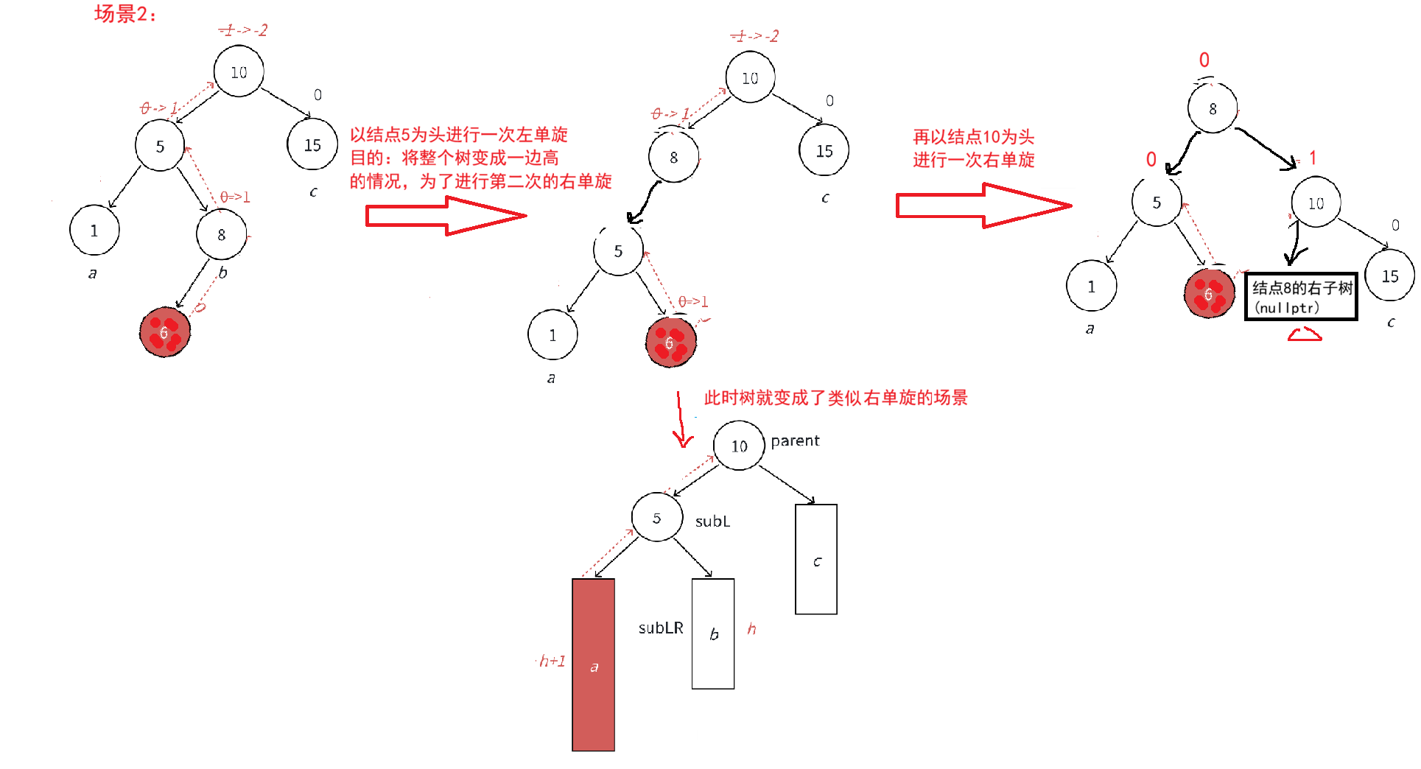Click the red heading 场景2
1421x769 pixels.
pyautogui.click(x=125, y=14)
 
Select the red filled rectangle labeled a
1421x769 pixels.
pyautogui.click(x=593, y=664)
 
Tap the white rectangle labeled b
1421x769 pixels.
pyautogui.click(x=712, y=633)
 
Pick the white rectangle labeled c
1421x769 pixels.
pyautogui.click(x=816, y=559)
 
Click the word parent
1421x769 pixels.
pyautogui.click(x=795, y=440)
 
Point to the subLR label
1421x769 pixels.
pyautogui.click(x=661, y=628)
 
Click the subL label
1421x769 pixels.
pyautogui.click(x=712, y=522)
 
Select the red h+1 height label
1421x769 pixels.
pyautogui.click(x=552, y=661)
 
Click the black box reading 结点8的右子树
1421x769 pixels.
pyautogui.click(x=1301, y=296)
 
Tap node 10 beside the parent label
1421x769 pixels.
pyautogui.click(x=739, y=446)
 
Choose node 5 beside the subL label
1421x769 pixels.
pyautogui.click(x=656, y=518)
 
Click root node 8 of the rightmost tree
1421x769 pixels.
pyautogui.click(x=1212, y=109)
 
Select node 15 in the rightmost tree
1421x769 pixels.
pyautogui.click(x=1389, y=276)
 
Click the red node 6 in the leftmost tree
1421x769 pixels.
pyautogui.click(x=165, y=333)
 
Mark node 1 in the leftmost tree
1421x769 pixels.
pyautogui.click(x=94, y=231)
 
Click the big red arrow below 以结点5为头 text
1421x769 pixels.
pyautogui.click(x=446, y=216)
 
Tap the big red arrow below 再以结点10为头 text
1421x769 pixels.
pyautogui.click(x=983, y=206)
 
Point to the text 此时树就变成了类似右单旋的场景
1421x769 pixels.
pyautogui.click(x=835, y=398)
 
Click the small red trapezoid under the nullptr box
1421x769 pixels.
pyautogui.click(x=1304, y=335)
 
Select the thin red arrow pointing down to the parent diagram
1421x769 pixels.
pyautogui.click(x=681, y=420)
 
